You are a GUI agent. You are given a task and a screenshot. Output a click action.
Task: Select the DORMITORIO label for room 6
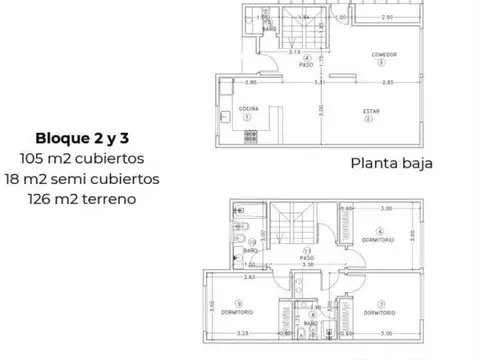[379, 240]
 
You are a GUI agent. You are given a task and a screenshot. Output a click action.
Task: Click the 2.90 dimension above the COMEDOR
[388, 17]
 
